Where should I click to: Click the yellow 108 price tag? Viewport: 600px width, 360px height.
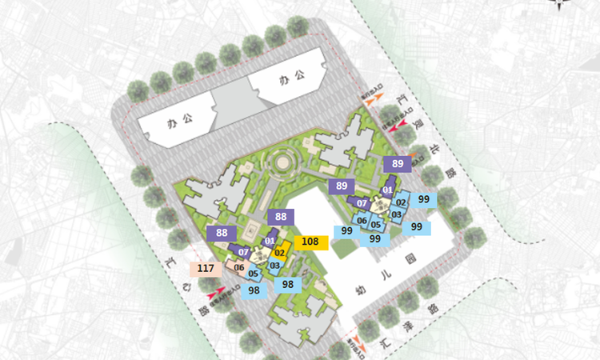[310, 242]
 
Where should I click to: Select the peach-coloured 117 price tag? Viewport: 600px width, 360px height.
[205, 268]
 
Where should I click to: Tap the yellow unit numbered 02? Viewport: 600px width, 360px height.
[280, 254]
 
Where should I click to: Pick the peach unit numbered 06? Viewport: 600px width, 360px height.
[238, 266]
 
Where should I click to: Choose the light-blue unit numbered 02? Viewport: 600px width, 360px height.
[401, 202]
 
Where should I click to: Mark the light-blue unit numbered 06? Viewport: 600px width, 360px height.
[362, 221]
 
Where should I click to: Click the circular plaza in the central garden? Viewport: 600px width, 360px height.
[282, 164]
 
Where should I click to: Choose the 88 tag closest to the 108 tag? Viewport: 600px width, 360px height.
[281, 217]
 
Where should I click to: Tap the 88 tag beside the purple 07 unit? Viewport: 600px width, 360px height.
[222, 233]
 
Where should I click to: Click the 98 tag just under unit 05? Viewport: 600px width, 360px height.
[254, 290]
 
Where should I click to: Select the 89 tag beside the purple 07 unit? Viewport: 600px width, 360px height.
[342, 186]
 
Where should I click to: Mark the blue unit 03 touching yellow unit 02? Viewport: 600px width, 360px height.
[274, 266]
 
